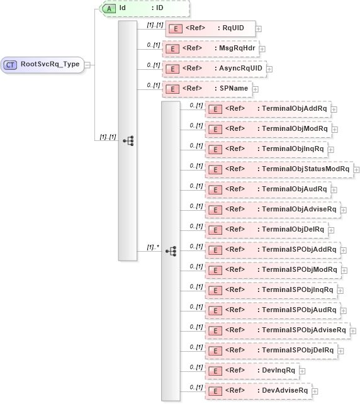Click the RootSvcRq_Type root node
coord(43,64)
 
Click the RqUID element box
coord(210,28)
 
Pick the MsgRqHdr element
coord(210,48)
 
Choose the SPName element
coord(207,89)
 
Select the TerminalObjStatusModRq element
coord(279,169)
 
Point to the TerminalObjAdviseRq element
coord(273,209)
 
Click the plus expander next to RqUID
coord(259,29)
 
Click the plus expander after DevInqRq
coord(302,371)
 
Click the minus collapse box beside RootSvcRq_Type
coord(88,64)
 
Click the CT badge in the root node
coord(11,64)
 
